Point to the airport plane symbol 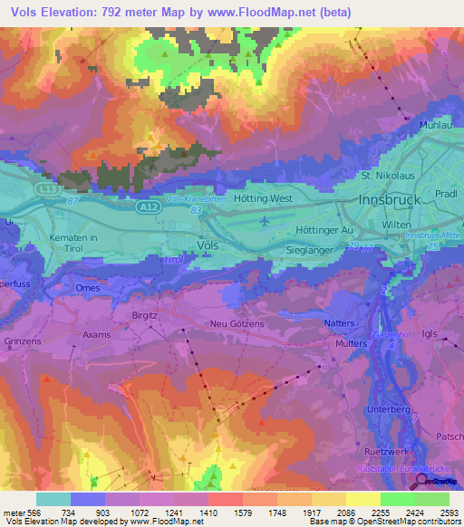tap(264, 220)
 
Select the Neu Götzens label tap(238, 324)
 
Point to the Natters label tap(341, 321)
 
